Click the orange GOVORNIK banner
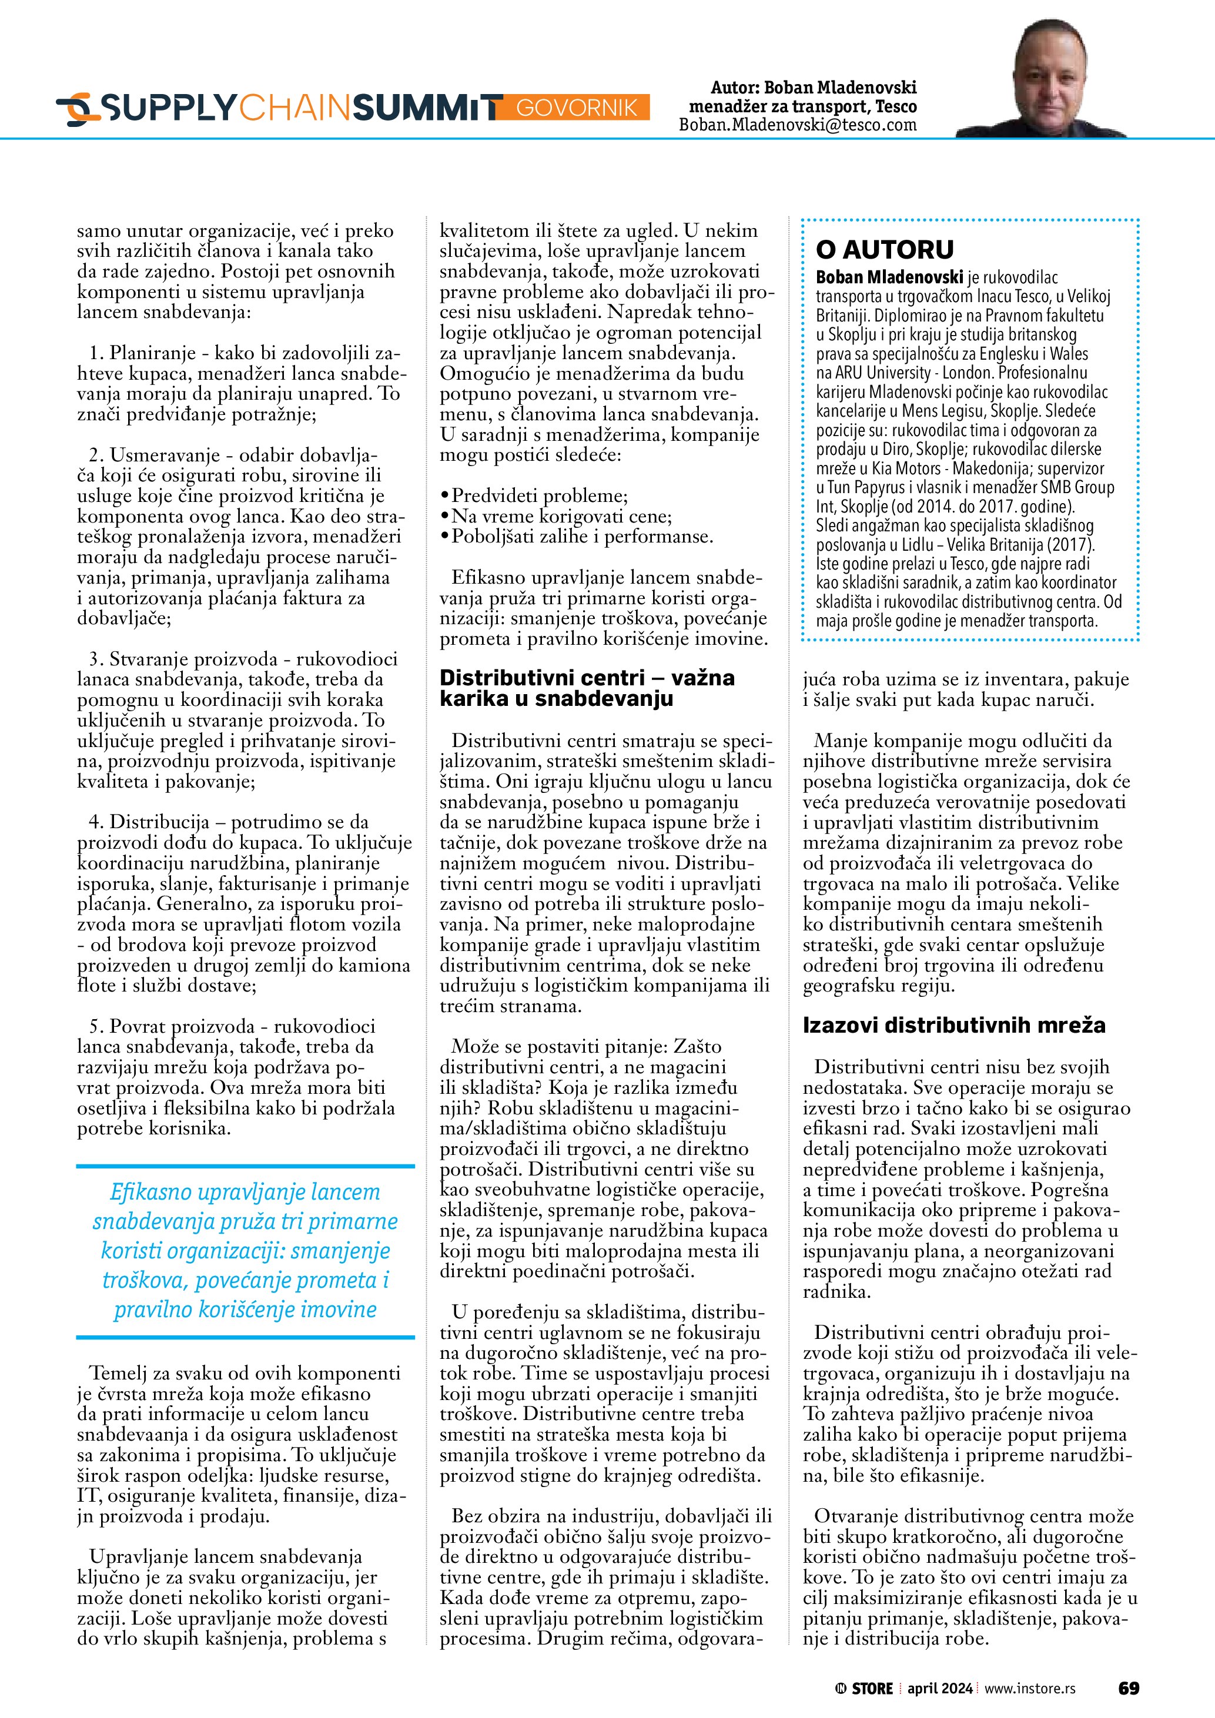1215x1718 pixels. pyautogui.click(x=576, y=108)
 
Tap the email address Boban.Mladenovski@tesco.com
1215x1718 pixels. pyautogui.click(x=798, y=125)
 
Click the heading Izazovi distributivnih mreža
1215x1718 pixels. pyautogui.click(x=954, y=1024)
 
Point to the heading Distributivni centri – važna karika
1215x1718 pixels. pyautogui.click(x=587, y=688)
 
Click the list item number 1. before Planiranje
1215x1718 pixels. pyautogui.click(x=96, y=353)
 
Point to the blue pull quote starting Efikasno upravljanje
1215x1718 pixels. pyautogui.click(x=245, y=1251)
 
